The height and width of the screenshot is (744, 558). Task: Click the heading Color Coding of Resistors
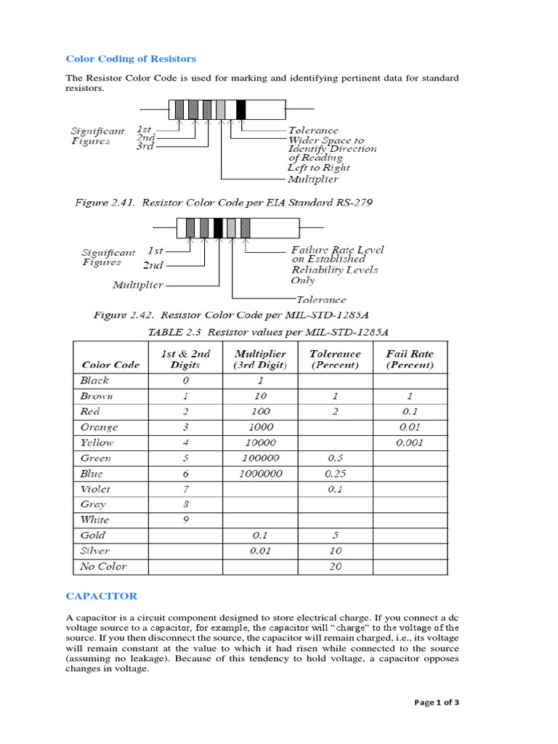coord(131,59)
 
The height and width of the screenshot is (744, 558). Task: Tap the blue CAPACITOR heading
coord(101,596)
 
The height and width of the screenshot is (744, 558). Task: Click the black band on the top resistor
coord(241,110)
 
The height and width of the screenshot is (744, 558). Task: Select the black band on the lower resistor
coord(218,227)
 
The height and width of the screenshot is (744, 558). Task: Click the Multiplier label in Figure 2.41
coord(312,179)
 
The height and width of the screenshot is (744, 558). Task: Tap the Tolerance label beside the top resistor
coord(313,131)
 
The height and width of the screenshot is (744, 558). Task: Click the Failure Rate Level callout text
coord(337,249)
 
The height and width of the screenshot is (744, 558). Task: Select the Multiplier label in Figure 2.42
coord(137,285)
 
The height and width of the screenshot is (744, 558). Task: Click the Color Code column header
coord(110,365)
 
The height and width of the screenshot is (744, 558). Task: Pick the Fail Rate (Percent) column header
coord(410,359)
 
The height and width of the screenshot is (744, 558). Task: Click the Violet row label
coord(95,489)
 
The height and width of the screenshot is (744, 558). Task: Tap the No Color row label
coord(103,566)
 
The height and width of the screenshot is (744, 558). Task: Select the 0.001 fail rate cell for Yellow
coord(410,442)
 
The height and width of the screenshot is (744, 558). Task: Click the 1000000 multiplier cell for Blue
coord(260,473)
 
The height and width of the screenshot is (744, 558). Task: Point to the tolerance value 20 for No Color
coord(335,566)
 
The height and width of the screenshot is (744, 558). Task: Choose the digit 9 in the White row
coord(185,519)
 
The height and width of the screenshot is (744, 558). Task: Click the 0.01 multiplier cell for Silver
coord(260,551)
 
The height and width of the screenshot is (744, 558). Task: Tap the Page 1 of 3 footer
coord(437,703)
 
